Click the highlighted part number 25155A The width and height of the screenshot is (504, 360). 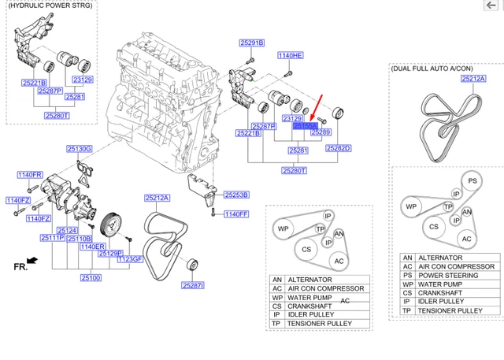305,125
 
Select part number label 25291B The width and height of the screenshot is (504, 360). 252,43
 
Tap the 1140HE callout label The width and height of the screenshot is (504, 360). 291,56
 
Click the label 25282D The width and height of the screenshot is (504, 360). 337,148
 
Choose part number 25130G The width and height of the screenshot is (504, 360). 79,148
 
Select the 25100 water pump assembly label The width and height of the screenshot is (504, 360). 90,277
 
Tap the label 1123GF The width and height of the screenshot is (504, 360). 130,259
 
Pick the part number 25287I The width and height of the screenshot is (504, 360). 193,285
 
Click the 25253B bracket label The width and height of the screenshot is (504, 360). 235,195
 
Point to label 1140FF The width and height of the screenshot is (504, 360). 235,213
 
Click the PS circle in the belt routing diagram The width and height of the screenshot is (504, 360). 472,180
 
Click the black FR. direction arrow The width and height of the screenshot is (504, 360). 31,261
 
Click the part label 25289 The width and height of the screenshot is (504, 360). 321,133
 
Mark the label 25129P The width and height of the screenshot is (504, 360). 109,253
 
